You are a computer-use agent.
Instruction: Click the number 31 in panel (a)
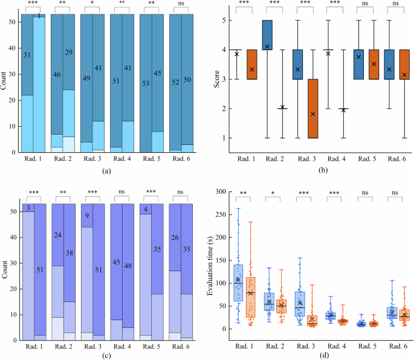click(27, 55)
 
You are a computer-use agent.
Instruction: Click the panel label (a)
click(106, 172)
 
